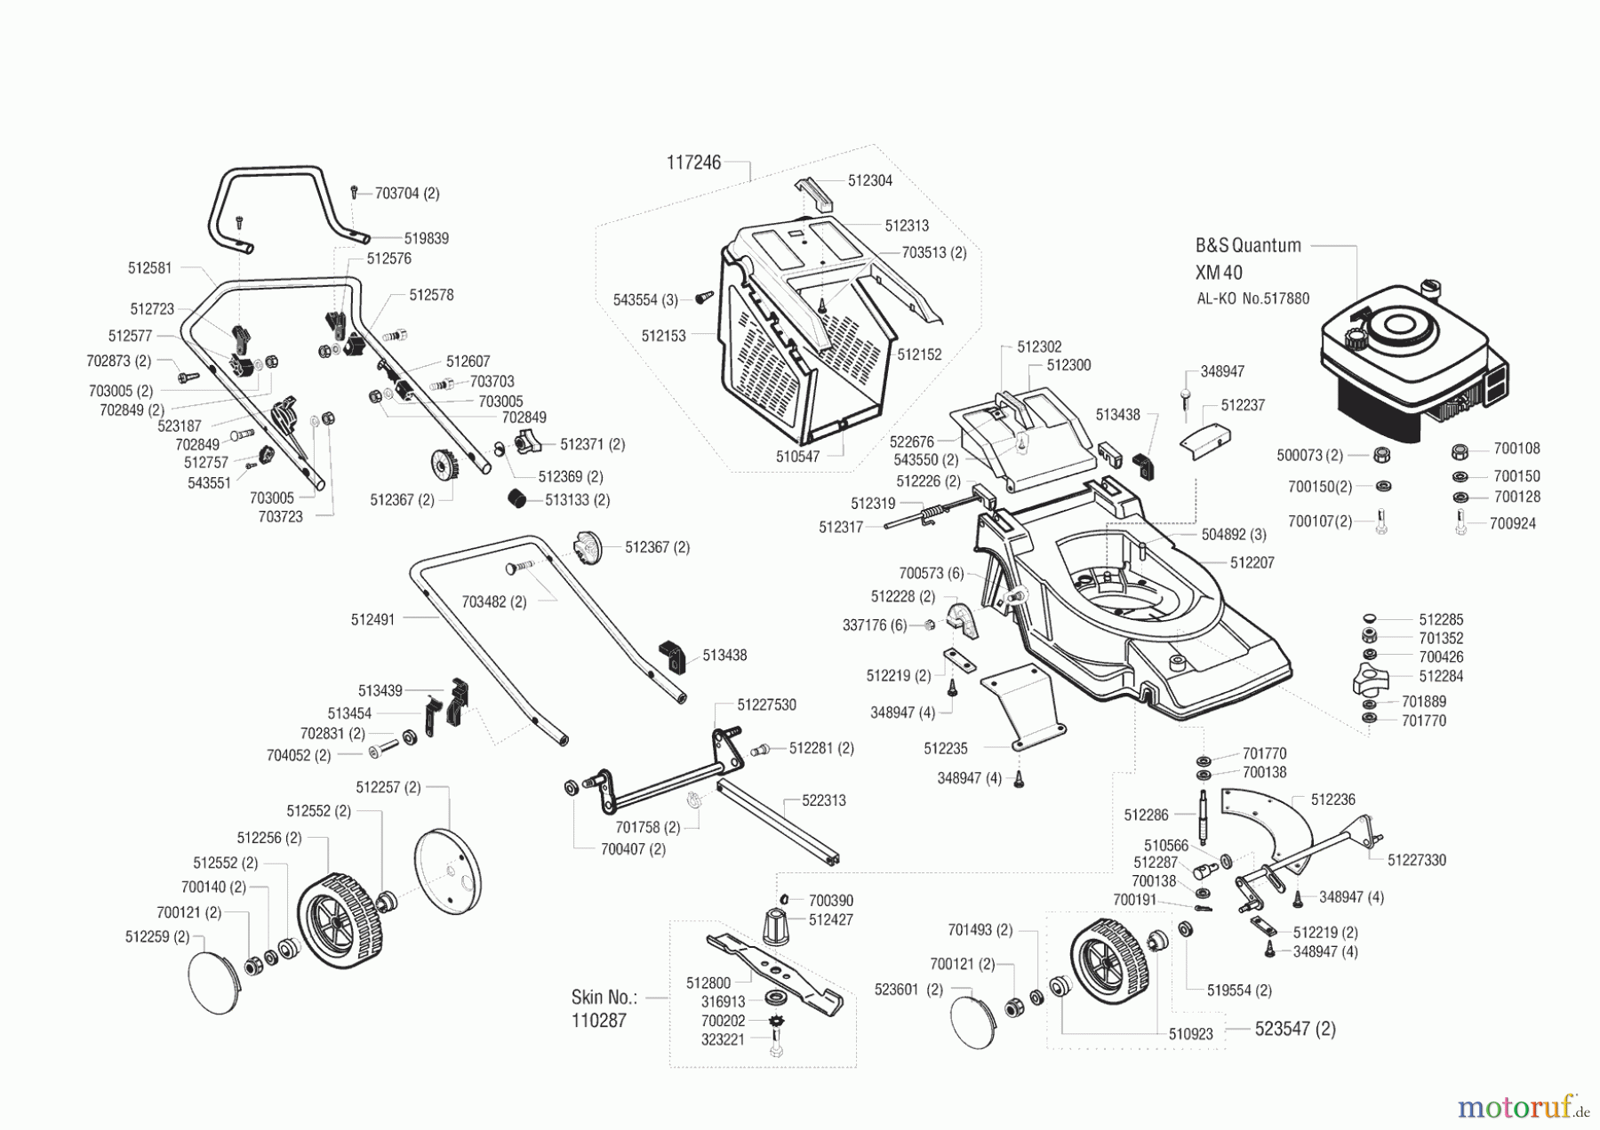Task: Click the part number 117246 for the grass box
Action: click(x=693, y=163)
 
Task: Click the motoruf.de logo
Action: click(x=1521, y=1107)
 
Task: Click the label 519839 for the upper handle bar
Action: click(x=426, y=238)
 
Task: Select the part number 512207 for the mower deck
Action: click(x=1252, y=562)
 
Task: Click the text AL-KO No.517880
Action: click(x=1252, y=299)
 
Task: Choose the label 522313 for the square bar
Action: click(x=823, y=800)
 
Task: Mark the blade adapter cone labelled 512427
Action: click(x=776, y=928)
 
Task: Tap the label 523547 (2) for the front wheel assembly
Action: click(x=1294, y=1029)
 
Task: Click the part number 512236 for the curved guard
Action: click(x=1332, y=800)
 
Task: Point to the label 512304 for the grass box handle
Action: click(x=869, y=180)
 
